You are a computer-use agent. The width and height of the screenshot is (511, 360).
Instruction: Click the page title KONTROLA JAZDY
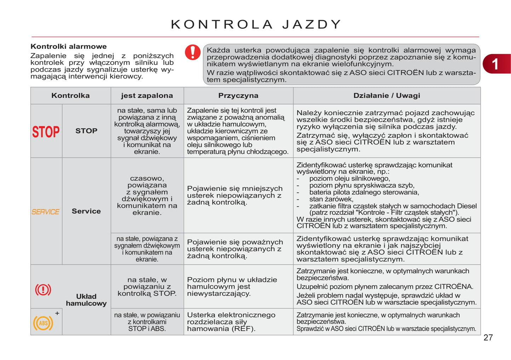[x=256, y=24]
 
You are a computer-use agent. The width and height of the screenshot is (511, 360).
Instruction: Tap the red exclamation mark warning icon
[x=193, y=52]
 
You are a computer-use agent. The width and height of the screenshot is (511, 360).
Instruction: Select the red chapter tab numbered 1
[x=496, y=64]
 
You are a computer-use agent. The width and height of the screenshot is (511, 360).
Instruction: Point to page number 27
[x=488, y=338]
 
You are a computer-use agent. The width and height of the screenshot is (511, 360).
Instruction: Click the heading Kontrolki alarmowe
[x=69, y=46]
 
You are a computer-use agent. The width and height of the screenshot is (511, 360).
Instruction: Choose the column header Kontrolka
[x=70, y=96]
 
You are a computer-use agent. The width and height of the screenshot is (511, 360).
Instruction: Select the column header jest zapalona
[x=147, y=96]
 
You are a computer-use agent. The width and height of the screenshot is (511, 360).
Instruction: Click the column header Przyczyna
[x=238, y=96]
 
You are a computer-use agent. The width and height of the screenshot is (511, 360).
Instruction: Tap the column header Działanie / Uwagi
[x=387, y=96]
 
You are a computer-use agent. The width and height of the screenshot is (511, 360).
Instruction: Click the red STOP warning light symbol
[x=46, y=131]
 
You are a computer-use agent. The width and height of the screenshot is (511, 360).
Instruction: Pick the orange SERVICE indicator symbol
[x=46, y=212]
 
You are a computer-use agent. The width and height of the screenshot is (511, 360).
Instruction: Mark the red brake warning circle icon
[x=43, y=290]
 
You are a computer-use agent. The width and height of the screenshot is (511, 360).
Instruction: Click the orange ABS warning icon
[x=43, y=323]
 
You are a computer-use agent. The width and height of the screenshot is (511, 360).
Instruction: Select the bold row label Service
[x=86, y=211]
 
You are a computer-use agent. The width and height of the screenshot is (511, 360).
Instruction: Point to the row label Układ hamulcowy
[x=86, y=300]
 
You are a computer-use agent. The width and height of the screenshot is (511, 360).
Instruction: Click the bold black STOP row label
[x=86, y=131]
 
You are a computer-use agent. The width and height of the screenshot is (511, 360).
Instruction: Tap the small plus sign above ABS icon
[x=57, y=313]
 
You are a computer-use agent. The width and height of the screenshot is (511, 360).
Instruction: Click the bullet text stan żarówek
[x=331, y=199]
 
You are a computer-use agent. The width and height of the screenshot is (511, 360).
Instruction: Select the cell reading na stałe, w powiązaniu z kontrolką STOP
[x=147, y=287]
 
